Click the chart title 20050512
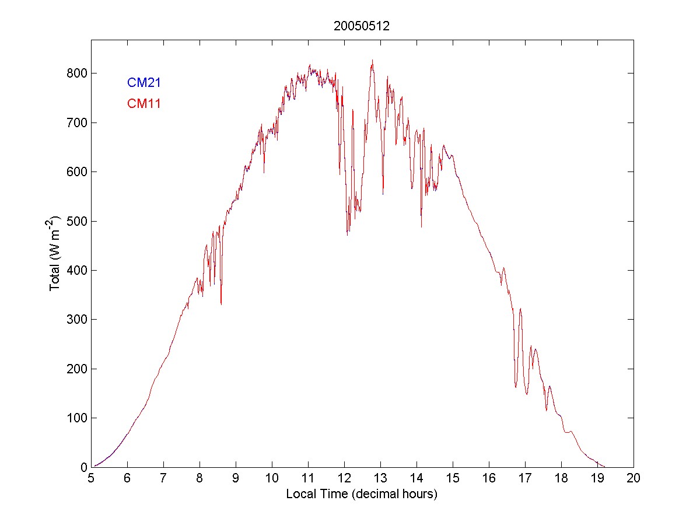click(x=362, y=26)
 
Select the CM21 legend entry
click(x=144, y=83)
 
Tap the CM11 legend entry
click(x=144, y=104)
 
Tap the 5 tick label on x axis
click(x=91, y=478)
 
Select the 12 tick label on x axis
click(x=344, y=478)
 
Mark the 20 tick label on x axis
click(x=633, y=478)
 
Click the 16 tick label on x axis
click(x=489, y=478)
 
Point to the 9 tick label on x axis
click(x=236, y=478)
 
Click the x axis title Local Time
click(x=362, y=494)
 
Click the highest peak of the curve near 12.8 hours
click(x=372, y=60)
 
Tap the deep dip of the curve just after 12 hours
click(x=347, y=234)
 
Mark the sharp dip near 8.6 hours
click(x=221, y=303)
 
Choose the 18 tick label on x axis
click(x=561, y=478)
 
